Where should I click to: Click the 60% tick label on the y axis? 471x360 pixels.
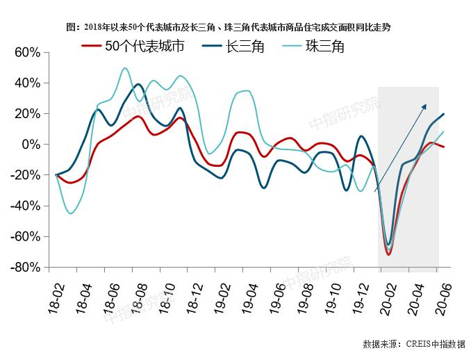pyautogui.click(x=26, y=53)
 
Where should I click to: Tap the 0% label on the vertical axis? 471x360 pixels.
pyautogui.click(x=32, y=145)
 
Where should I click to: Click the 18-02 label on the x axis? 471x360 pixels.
pyautogui.click(x=56, y=297)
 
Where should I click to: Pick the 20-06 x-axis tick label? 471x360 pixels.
pyautogui.click(x=442, y=297)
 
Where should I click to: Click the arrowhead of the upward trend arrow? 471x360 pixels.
pyautogui.click(x=425, y=106)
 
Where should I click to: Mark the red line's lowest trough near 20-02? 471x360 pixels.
pyautogui.click(x=388, y=254)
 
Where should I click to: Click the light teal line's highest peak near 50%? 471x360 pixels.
pyautogui.click(x=125, y=68)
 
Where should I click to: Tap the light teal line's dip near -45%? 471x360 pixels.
pyautogui.click(x=71, y=213)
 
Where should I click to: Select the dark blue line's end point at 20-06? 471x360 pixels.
pyautogui.click(x=444, y=114)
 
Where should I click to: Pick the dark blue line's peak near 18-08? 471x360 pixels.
pyautogui.click(x=138, y=85)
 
